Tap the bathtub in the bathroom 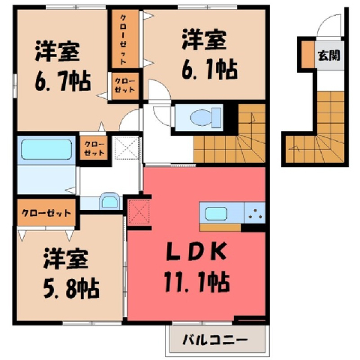pos(46,149)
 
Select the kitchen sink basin pos(216,214)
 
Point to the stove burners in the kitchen pos(255,213)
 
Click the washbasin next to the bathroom pos(109,201)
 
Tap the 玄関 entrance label pos(329,55)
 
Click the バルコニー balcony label pos(215,340)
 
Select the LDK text pos(196,251)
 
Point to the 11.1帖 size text pos(196,281)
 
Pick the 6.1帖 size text pos(209,69)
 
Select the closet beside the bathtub pos(94,148)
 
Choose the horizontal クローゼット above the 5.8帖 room pos(46,212)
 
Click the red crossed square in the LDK pos(139,212)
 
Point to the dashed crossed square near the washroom pos(127,148)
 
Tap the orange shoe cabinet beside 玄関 pos(307,55)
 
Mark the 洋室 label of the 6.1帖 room pos(205,39)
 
